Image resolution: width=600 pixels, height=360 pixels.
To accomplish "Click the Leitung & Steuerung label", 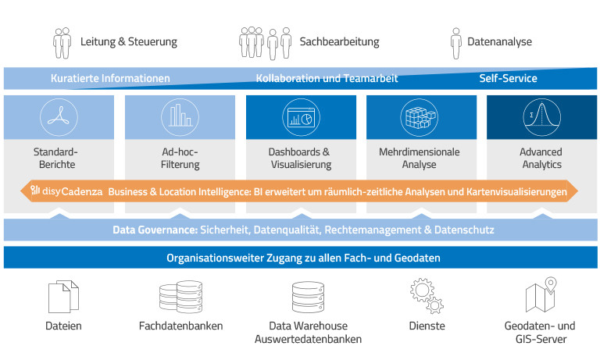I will [129, 41].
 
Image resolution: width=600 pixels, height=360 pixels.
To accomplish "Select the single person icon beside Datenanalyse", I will [456, 41].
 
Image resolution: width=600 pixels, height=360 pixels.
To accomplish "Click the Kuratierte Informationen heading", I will [110, 79].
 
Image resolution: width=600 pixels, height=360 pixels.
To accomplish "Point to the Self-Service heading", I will [508, 79].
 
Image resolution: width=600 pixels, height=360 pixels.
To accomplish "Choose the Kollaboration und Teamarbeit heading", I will [327, 79].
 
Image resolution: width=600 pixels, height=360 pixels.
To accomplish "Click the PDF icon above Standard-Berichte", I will [60, 117].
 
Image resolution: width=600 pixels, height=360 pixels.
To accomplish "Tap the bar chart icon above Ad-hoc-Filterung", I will [180, 117].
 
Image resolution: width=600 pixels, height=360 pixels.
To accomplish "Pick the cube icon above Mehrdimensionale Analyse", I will [421, 117].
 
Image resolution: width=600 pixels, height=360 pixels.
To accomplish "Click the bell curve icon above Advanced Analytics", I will [541, 117].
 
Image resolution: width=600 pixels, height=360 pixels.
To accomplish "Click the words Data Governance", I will [153, 230].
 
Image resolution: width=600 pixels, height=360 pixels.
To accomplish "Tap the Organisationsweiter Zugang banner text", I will [300, 258].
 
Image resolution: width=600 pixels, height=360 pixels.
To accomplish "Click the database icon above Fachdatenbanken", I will [180, 298].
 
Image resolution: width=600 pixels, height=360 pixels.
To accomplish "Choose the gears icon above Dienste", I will [427, 298].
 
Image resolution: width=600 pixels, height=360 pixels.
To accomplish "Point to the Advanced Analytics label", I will [541, 159].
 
